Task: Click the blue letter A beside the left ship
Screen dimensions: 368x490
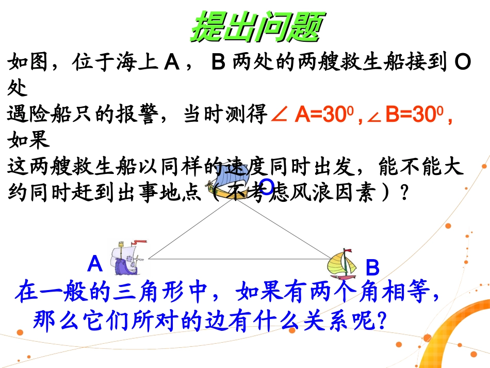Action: point(95,264)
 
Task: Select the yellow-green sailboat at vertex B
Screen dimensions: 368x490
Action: point(342,262)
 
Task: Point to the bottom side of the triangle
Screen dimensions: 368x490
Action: point(240,258)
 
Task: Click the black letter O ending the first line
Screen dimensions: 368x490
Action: point(463,63)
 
